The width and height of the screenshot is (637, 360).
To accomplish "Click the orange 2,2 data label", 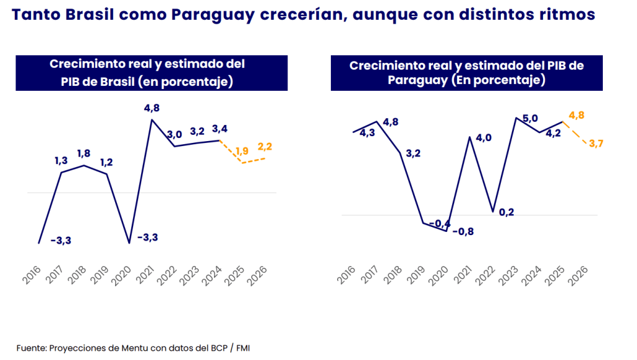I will (264, 147).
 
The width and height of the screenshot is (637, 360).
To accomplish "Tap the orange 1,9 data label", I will (243, 150).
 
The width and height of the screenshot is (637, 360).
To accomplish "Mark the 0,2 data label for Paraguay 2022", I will (506, 212).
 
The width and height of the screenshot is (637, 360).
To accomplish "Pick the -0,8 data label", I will (462, 231).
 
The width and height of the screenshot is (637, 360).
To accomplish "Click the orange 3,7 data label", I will (595, 144).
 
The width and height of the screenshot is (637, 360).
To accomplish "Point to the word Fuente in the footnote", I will (30, 348).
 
